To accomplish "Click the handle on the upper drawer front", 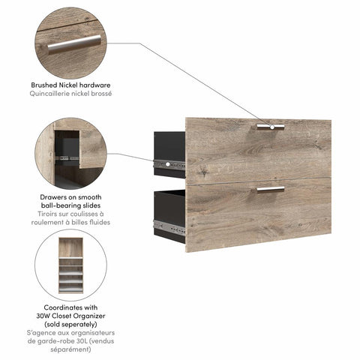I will coord(270,127).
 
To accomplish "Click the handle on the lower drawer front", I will coord(270,189).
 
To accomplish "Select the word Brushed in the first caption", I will coord(46,85).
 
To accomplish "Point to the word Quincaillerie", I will coord(55,94).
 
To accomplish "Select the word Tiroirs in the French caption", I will coord(50,214).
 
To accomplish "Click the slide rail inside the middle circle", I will coord(70,158).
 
